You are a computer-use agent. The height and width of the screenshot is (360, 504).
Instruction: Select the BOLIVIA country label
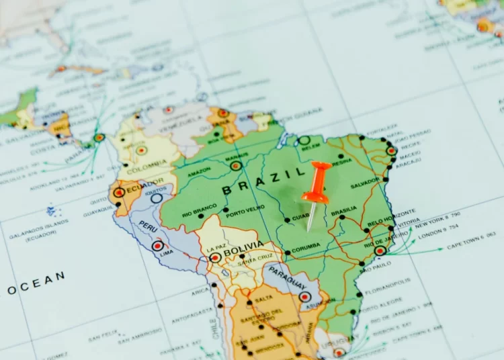243,252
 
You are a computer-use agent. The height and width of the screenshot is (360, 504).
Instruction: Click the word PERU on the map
149,226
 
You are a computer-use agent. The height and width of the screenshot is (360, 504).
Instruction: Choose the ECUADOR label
142,185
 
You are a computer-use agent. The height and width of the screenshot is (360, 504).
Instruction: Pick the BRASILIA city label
344,210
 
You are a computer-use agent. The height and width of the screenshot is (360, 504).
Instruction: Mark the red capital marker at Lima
157,246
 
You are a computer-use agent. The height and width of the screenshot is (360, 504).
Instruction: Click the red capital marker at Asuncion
305,297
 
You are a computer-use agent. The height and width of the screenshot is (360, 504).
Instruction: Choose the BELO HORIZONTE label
384,221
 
